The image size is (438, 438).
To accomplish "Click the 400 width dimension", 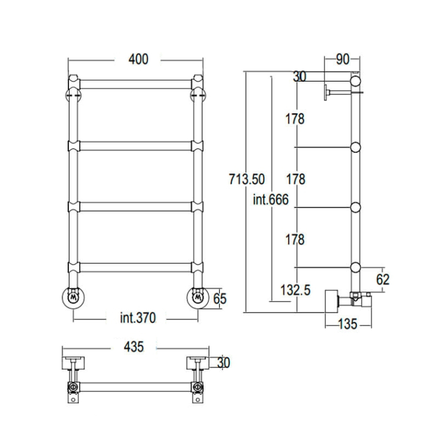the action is pyautogui.click(x=139, y=59).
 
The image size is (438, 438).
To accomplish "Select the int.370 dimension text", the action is pyautogui.click(x=138, y=318).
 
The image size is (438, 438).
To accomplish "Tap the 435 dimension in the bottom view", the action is pyautogui.click(x=134, y=347).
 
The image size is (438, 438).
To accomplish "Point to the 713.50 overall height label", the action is pyautogui.click(x=247, y=179).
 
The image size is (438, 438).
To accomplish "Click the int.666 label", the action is pyautogui.click(x=271, y=199).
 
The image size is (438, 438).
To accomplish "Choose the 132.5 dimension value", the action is pyautogui.click(x=295, y=290).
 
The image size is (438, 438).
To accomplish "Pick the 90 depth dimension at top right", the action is pyautogui.click(x=343, y=59).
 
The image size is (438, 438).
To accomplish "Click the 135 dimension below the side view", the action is pyautogui.click(x=348, y=324).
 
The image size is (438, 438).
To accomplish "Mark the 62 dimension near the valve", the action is pyautogui.click(x=383, y=279).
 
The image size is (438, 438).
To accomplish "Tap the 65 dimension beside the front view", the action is pyautogui.click(x=220, y=299).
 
